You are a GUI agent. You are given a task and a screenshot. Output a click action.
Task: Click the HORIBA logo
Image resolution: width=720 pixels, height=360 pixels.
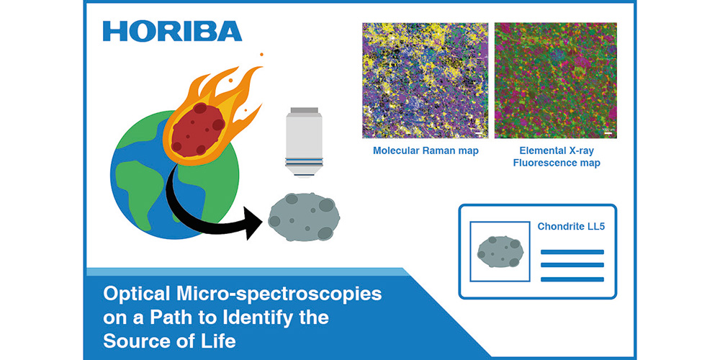[x=172, y=31]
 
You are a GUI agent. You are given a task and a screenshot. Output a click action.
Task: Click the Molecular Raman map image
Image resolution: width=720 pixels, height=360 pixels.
[x=425, y=80]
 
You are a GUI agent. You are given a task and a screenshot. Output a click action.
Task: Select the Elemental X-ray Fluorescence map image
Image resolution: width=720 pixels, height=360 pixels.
[x=555, y=80]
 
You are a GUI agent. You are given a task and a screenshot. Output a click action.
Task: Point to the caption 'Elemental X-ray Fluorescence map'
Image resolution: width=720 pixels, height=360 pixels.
[x=556, y=157]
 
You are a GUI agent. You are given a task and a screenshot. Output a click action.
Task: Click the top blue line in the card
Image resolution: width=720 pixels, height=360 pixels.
[x=572, y=252]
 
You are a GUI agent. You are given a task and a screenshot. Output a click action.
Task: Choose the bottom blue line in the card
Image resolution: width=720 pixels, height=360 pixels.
[x=572, y=279]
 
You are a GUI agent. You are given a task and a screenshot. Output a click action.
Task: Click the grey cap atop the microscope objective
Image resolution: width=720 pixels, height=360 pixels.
[x=303, y=110]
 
